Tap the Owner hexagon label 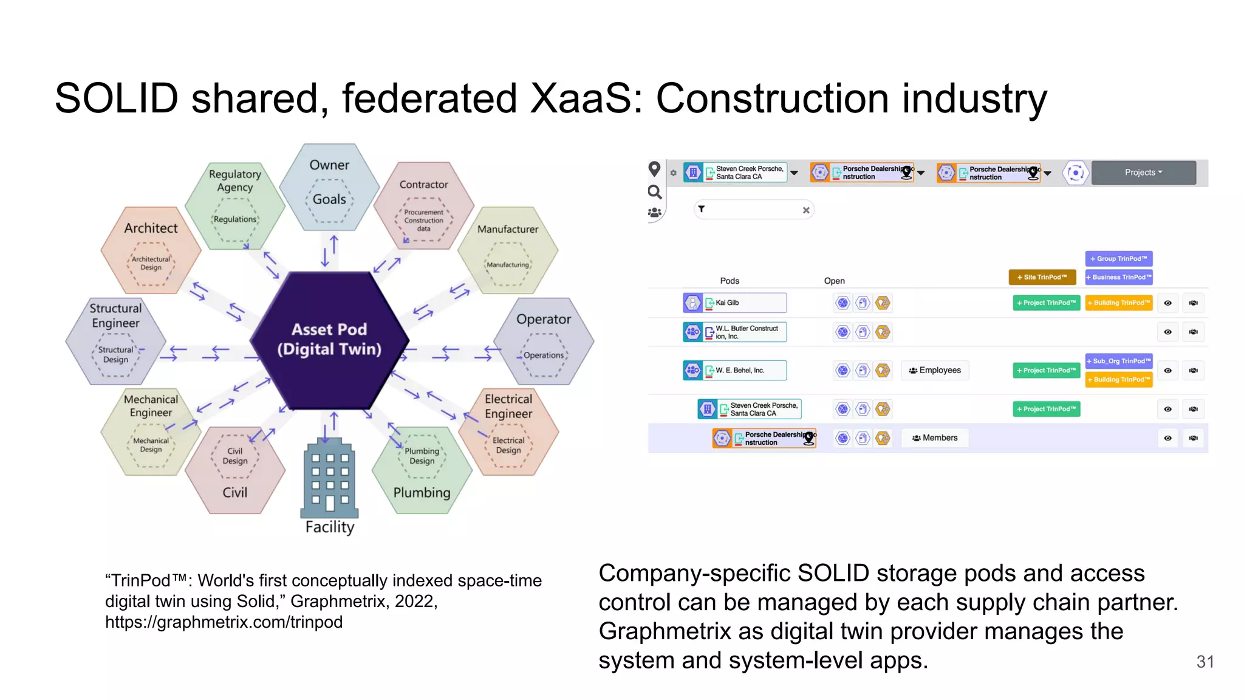click(329, 165)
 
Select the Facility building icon click(329, 478)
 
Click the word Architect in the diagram click(151, 228)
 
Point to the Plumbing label click(422, 492)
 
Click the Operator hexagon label click(543, 319)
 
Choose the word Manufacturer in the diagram click(507, 229)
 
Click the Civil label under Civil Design click(234, 492)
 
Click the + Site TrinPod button click(1042, 277)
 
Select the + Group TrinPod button click(1118, 258)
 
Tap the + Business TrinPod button click(1118, 277)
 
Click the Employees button click(935, 370)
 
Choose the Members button click(935, 437)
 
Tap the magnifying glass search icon click(654, 193)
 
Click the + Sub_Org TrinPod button click(1118, 361)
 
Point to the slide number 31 click(1205, 661)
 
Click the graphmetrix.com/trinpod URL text click(224, 622)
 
